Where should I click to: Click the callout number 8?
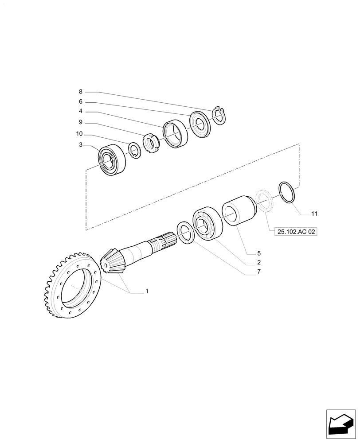coord(81,92)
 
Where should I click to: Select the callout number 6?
coord(81,102)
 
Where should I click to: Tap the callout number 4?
coord(81,111)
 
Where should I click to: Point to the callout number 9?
coord(81,122)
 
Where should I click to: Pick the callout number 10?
coord(79,134)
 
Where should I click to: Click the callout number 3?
coord(81,144)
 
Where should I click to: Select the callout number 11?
coord(314,214)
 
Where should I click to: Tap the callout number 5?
coord(258,254)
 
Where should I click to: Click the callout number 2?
coord(258,263)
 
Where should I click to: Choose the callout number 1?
coord(146,291)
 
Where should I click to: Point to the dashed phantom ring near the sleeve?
coord(265,201)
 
